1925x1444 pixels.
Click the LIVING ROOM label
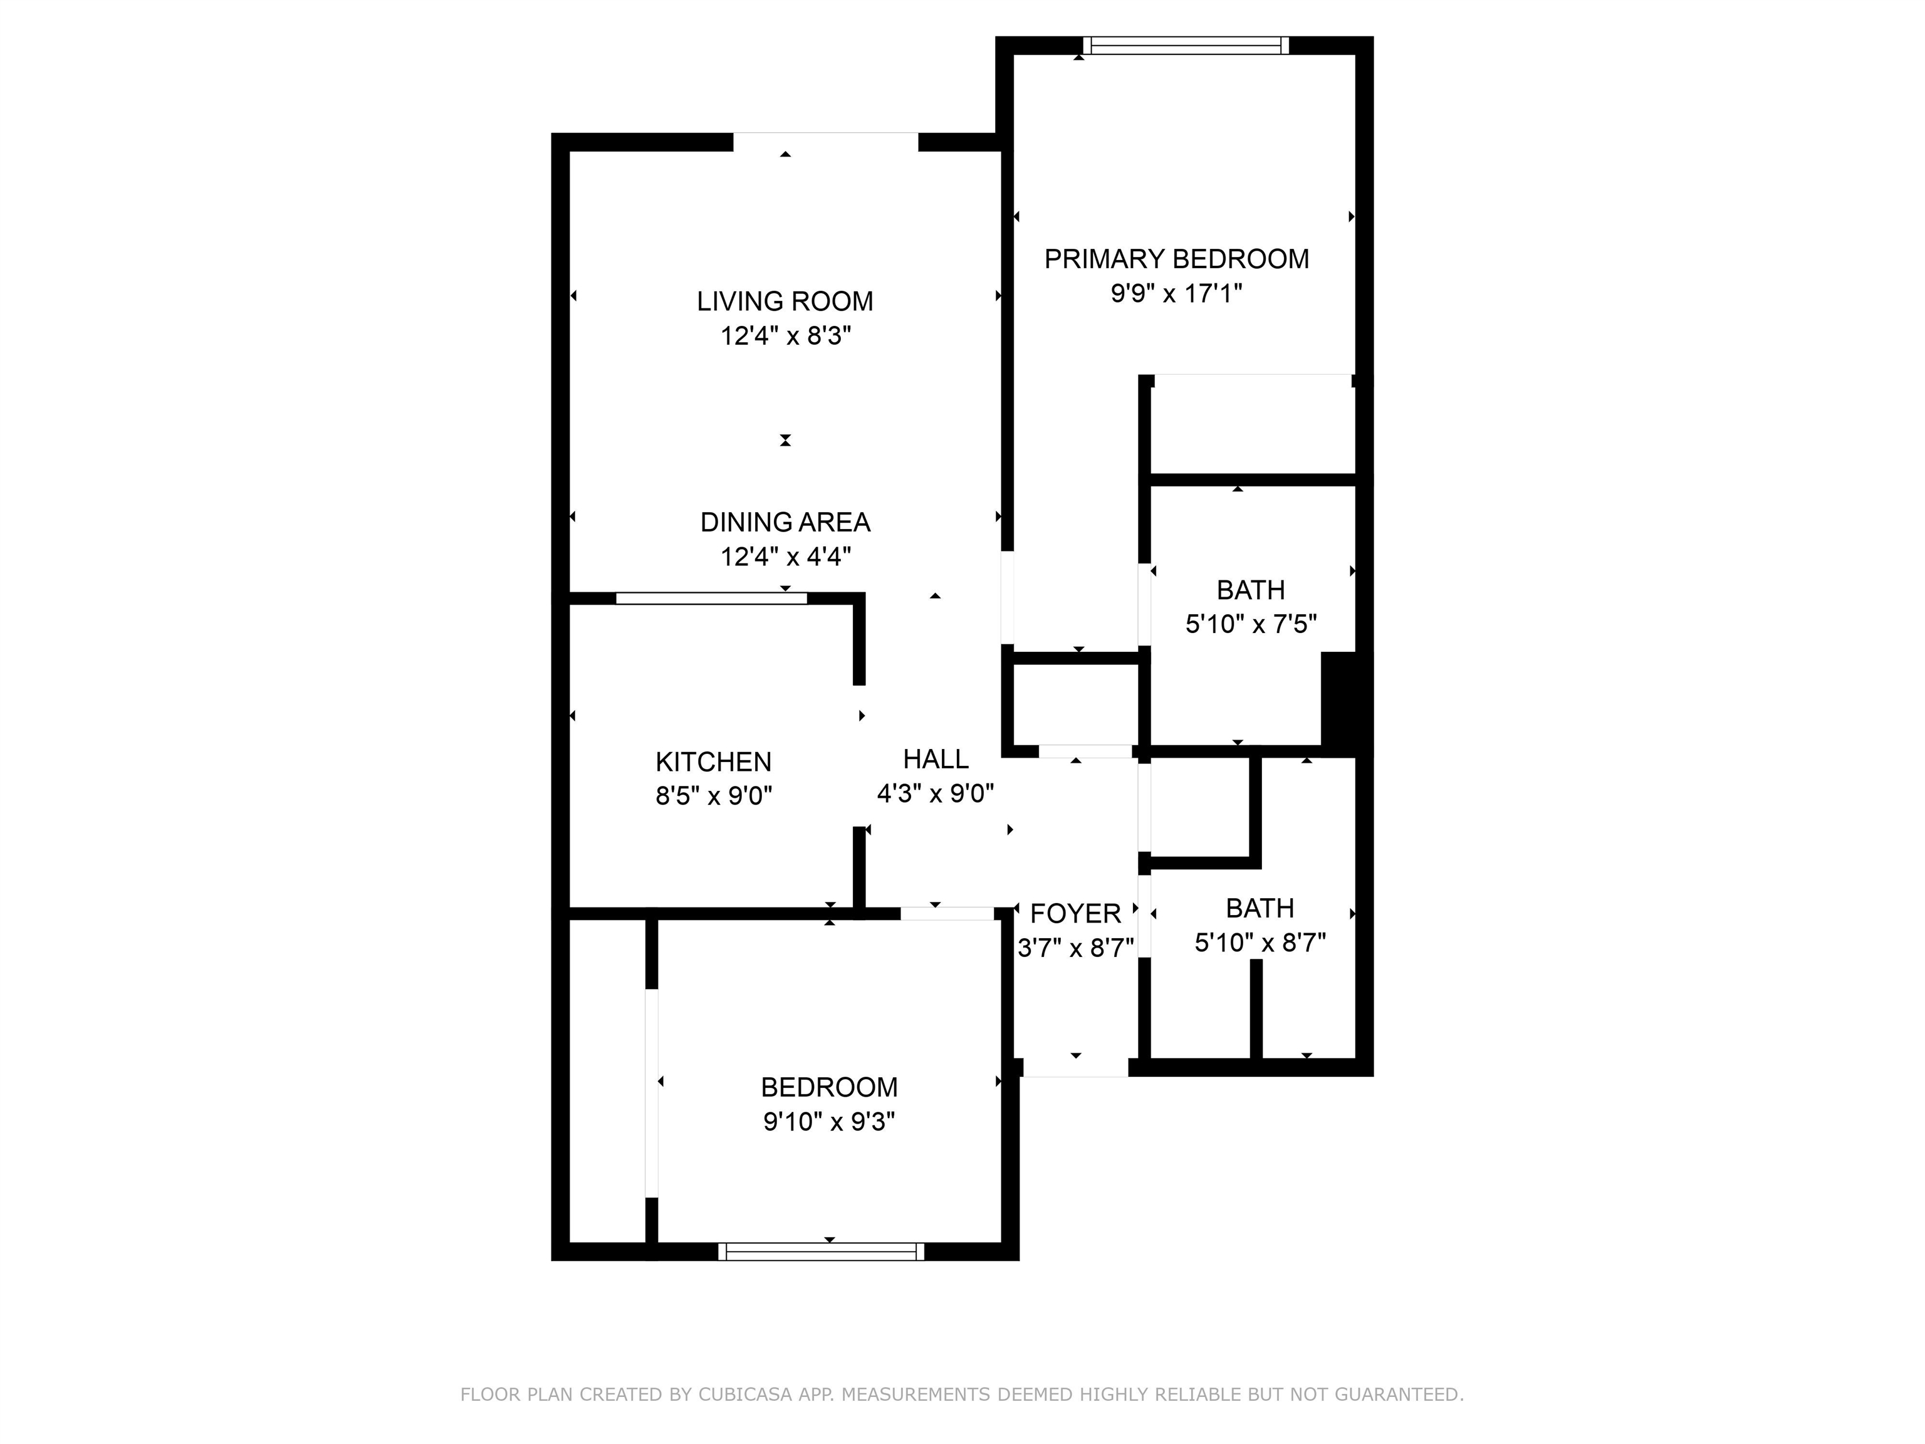pos(785,301)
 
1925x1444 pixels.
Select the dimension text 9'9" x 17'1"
pos(1177,293)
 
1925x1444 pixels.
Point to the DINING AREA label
pos(785,522)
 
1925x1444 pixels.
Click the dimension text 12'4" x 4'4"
pos(785,556)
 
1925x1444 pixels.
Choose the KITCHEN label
pos(714,761)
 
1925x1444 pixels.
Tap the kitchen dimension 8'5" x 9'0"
pos(714,795)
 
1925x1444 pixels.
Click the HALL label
pos(936,759)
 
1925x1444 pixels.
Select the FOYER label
pos(1076,913)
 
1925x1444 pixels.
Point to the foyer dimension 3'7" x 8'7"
pos(1076,947)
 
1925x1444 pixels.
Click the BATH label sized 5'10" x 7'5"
pos(1251,590)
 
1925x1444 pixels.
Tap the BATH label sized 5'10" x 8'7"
pos(1260,908)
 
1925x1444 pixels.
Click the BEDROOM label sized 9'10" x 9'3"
pos(828,1087)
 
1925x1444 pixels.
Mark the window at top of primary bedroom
pos(1186,45)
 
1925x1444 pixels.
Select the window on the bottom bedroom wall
pos(822,1252)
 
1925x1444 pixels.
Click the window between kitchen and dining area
pos(711,598)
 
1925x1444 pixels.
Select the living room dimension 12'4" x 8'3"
pos(785,335)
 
